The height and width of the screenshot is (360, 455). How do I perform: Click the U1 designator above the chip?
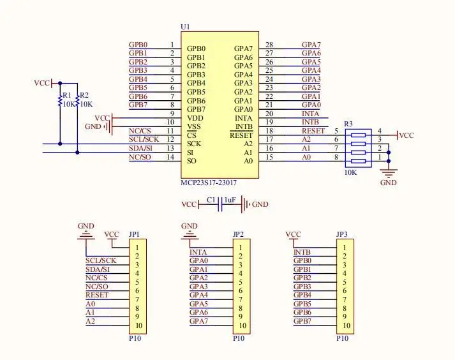[186, 27]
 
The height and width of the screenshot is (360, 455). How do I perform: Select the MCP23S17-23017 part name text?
[213, 183]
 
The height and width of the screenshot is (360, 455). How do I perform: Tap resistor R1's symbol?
[61, 101]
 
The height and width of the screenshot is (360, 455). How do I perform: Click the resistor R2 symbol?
[77, 101]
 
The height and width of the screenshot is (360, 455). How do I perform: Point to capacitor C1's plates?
[221, 204]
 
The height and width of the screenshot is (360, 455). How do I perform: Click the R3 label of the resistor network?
[348, 123]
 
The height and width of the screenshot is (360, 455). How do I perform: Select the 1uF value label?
[230, 200]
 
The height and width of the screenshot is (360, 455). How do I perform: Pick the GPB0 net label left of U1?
[138, 45]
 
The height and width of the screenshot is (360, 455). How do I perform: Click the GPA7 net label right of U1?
[311, 45]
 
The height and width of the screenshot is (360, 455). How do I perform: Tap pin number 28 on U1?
[269, 45]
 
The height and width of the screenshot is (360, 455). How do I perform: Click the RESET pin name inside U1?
[241, 135]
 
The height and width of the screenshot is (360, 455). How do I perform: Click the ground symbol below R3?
[388, 171]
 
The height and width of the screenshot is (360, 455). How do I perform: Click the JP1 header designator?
[134, 234]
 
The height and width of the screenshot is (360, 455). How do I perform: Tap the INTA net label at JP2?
[198, 251]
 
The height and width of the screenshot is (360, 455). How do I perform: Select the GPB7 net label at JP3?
[302, 320]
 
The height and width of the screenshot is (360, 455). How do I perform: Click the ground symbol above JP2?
[190, 234]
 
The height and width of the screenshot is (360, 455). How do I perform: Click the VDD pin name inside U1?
[195, 118]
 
